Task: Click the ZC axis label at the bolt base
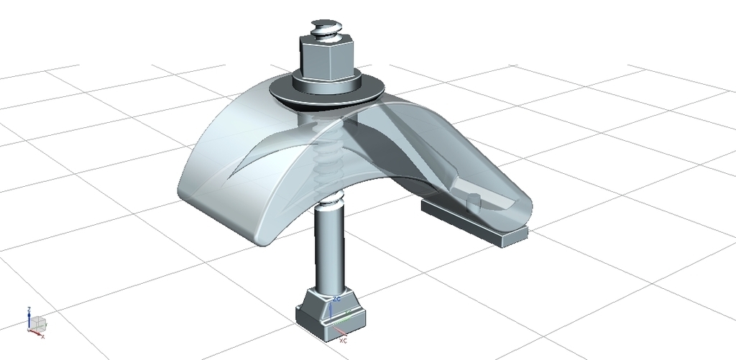(336, 298)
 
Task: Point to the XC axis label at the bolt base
(344, 340)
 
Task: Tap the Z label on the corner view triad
(29, 309)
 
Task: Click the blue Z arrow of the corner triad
(29, 320)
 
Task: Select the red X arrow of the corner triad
(36, 332)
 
